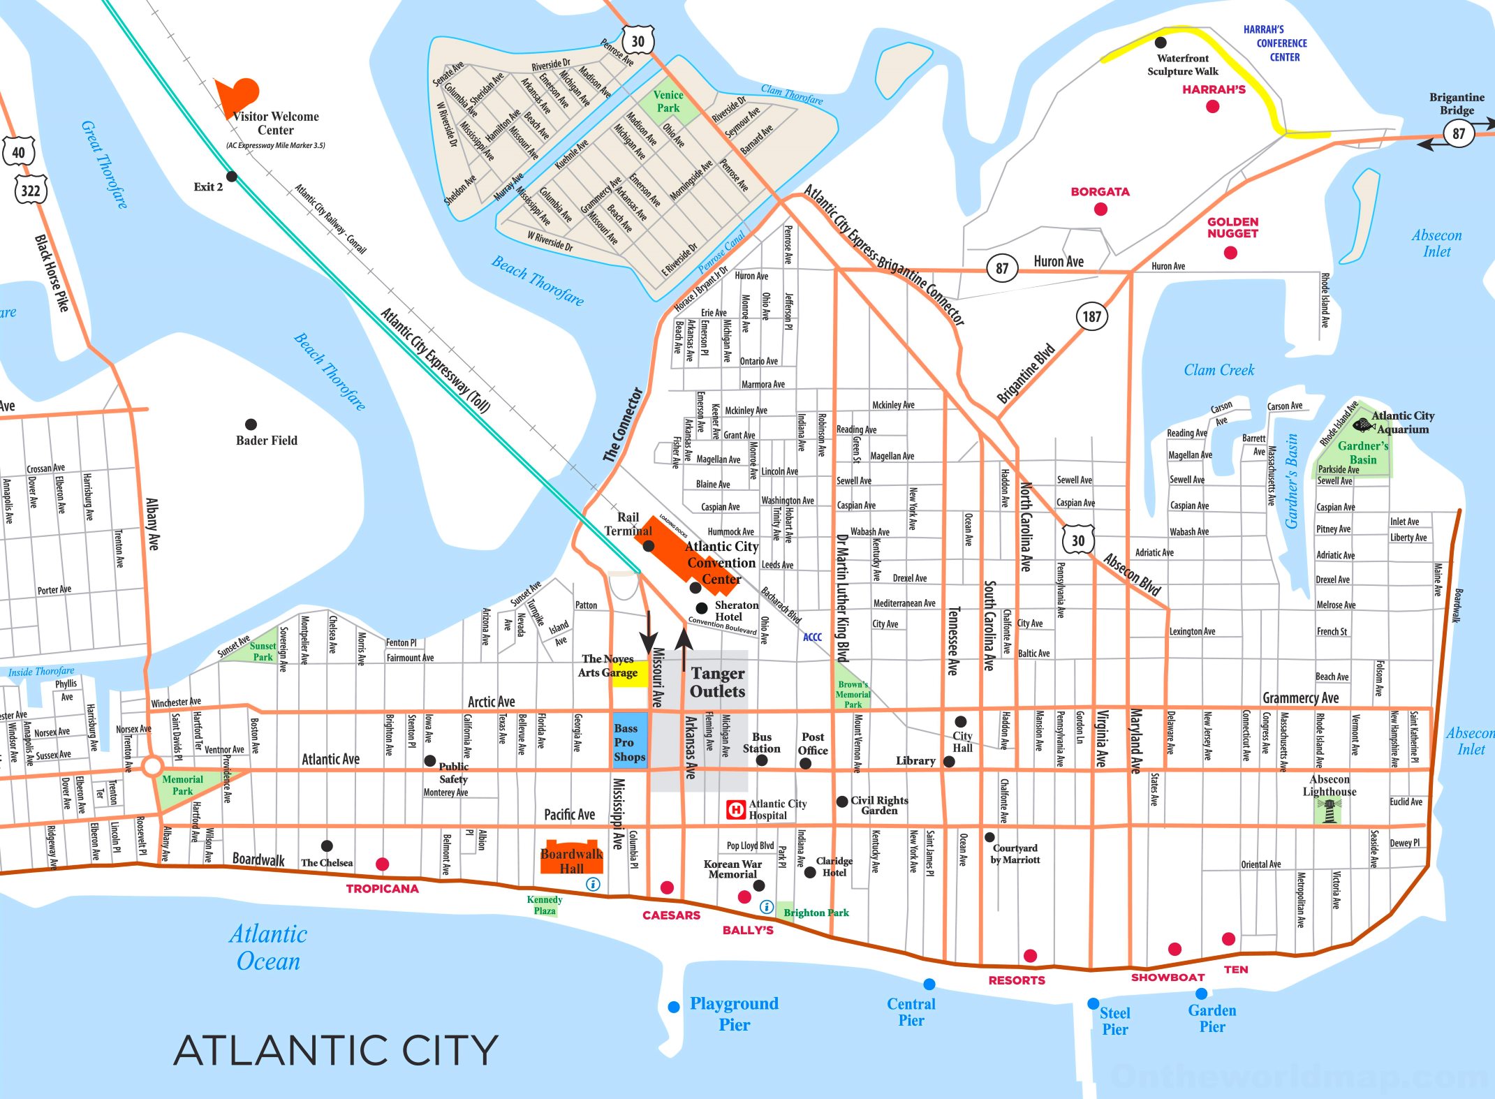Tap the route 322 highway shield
(x=30, y=191)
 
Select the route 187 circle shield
(x=1091, y=316)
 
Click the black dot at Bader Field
(x=251, y=425)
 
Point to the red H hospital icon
(x=735, y=810)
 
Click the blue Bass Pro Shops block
(x=629, y=741)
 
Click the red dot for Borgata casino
(x=1100, y=209)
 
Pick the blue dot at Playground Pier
(x=674, y=1007)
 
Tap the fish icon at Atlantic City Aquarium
(x=1362, y=425)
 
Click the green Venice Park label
(x=668, y=102)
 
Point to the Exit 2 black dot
(x=232, y=177)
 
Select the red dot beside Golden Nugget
(x=1230, y=253)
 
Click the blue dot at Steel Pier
(x=1093, y=1003)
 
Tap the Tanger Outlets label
(x=717, y=682)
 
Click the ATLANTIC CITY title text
(x=336, y=1050)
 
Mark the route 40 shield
(x=18, y=152)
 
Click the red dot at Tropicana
(x=382, y=864)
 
